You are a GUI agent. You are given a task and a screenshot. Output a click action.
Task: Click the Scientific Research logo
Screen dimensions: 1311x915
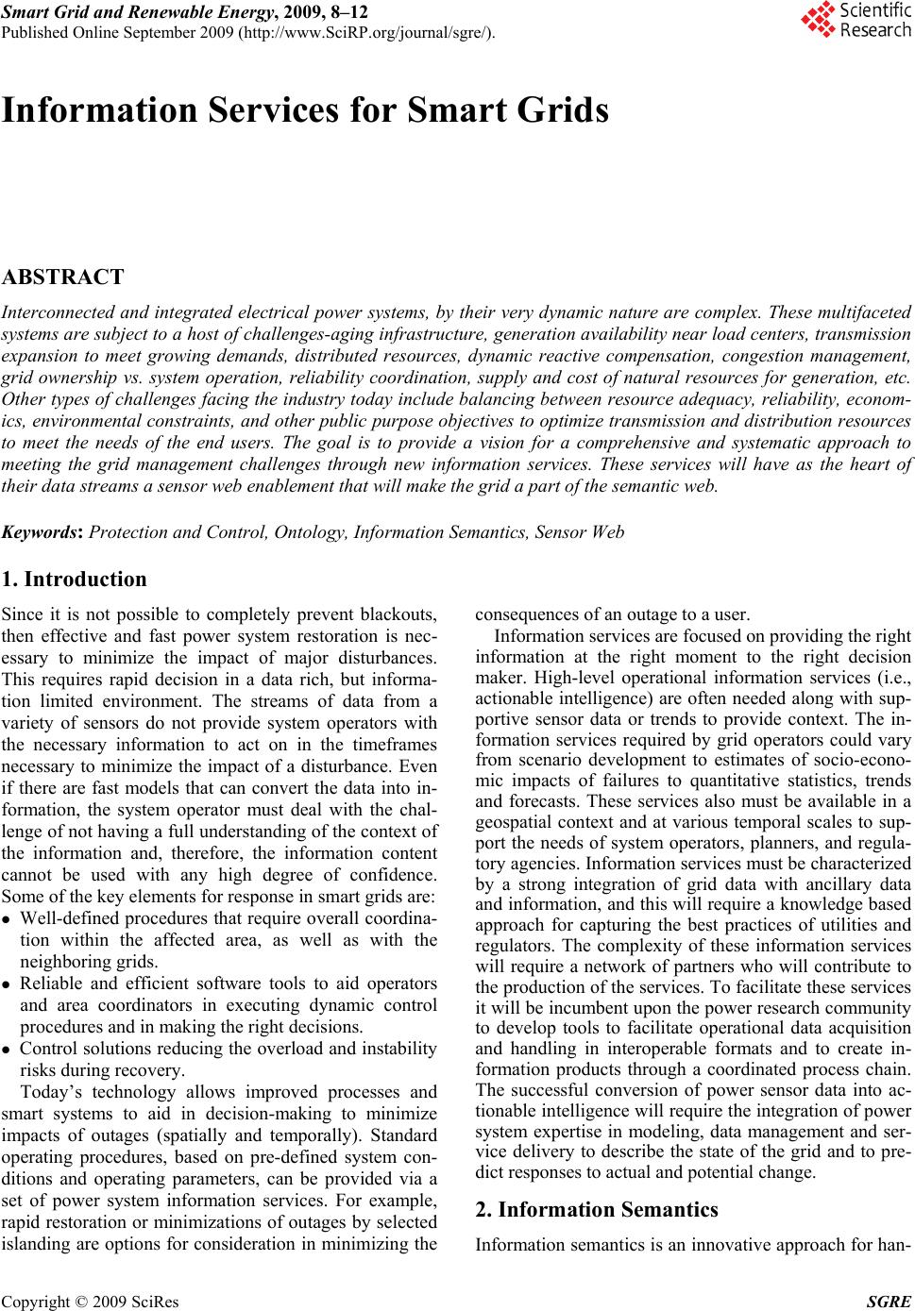[856, 20]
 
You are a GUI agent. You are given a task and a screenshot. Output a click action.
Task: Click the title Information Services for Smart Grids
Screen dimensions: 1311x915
[305, 111]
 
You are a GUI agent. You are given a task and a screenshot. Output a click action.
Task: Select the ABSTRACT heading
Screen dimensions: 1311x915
[63, 277]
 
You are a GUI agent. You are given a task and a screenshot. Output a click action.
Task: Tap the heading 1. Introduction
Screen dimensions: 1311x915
[76, 579]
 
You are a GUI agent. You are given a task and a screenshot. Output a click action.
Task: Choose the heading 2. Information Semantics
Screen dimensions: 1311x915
[597, 1209]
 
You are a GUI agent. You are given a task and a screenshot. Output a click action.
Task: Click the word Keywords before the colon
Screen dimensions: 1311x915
[42, 531]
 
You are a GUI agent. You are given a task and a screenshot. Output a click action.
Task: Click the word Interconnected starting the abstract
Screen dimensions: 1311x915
[59, 312]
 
